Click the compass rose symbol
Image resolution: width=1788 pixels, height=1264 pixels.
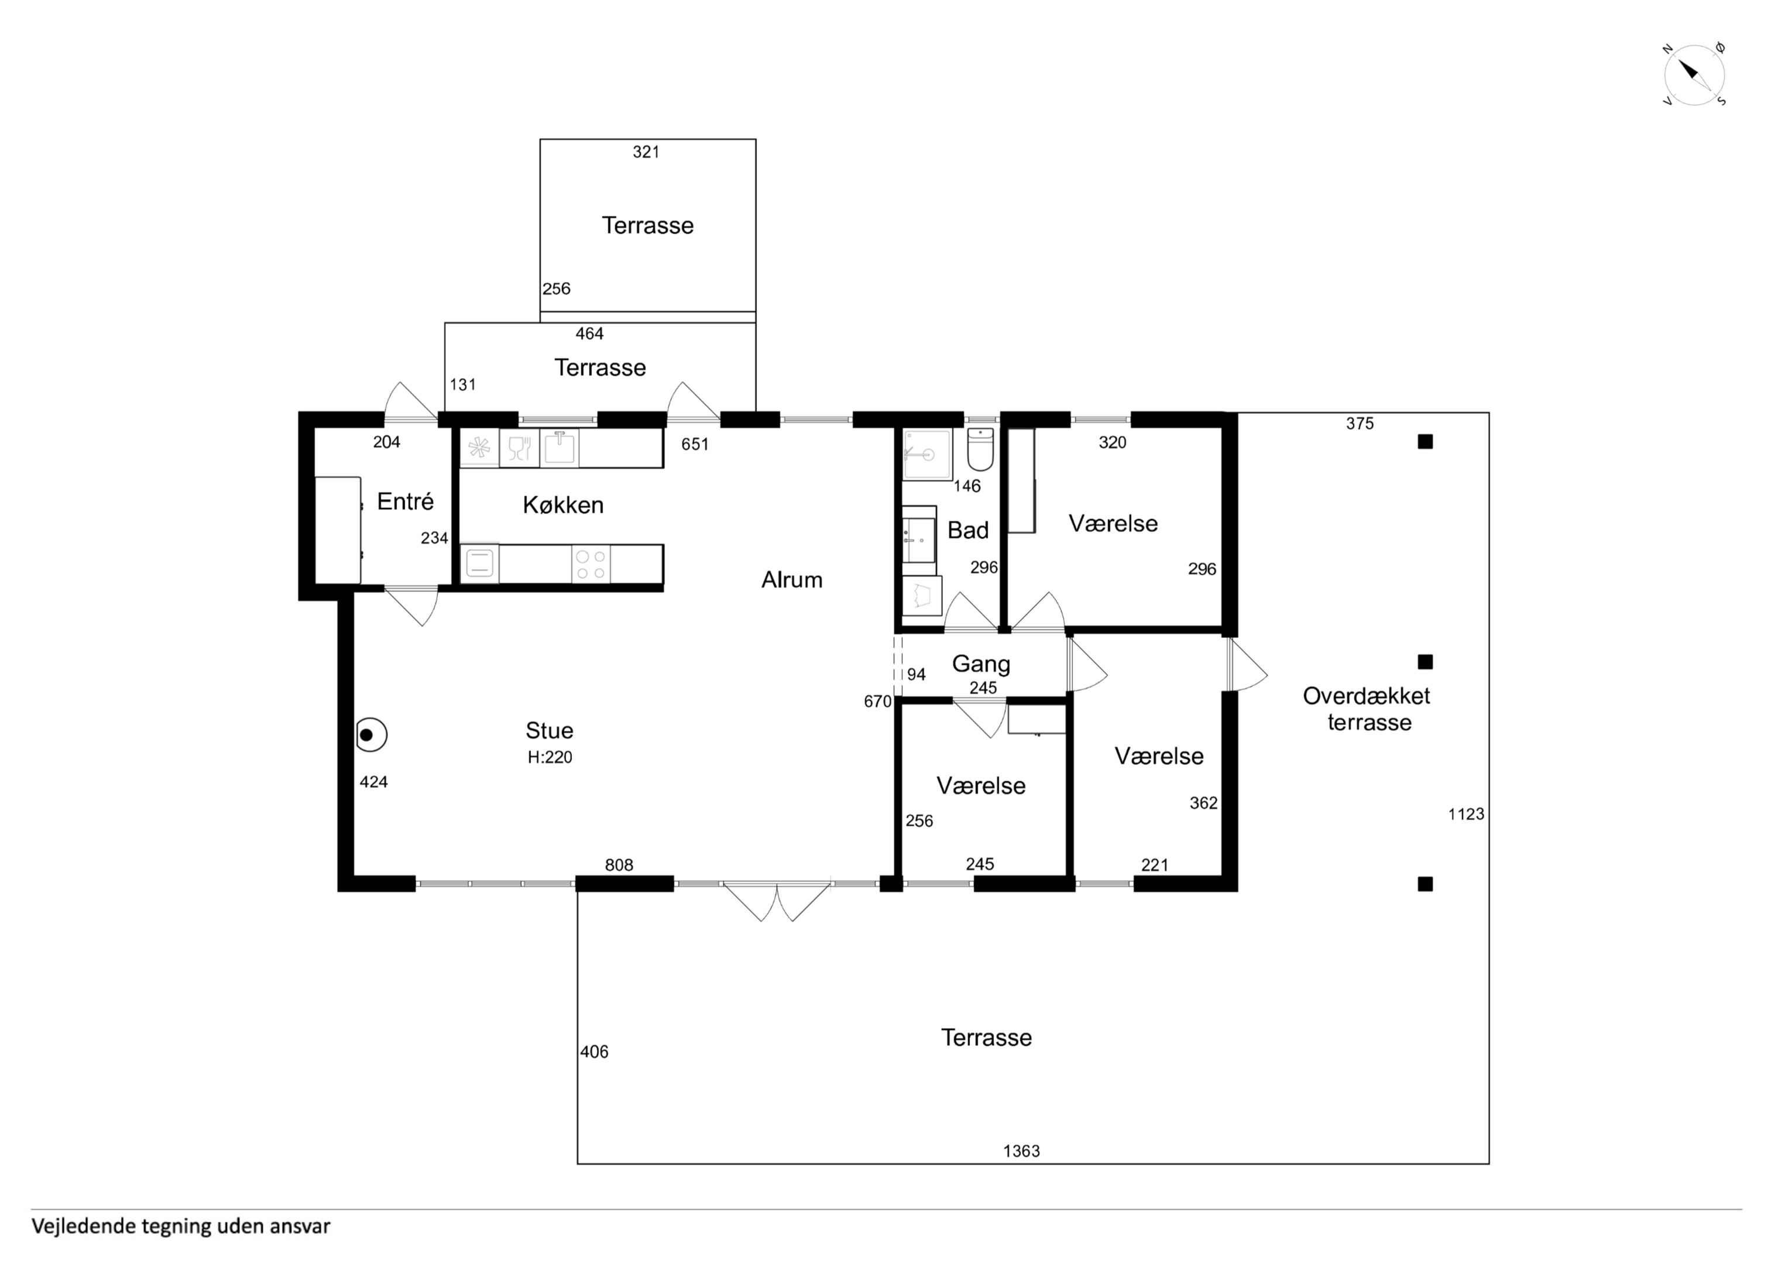(x=1694, y=75)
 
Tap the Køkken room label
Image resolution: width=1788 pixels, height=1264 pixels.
(x=563, y=504)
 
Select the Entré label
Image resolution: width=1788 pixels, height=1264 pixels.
(x=405, y=501)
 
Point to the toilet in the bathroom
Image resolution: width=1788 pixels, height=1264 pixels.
(x=980, y=449)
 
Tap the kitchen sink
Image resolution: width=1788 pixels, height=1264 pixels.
(x=559, y=447)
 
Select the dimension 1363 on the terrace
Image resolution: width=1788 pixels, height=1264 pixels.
(x=1021, y=1150)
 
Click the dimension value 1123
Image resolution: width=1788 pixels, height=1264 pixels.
(x=1466, y=814)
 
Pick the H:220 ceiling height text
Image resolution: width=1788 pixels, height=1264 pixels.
(x=550, y=757)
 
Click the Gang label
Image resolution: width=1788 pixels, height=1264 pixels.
(x=981, y=664)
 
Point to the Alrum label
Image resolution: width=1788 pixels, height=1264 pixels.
(x=792, y=579)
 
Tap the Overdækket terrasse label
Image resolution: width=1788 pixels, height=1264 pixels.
(x=1367, y=709)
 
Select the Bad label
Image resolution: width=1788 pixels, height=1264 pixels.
(x=968, y=530)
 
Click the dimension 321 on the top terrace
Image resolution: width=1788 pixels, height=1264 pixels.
(x=646, y=152)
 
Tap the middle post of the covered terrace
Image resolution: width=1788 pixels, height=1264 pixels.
(x=1425, y=662)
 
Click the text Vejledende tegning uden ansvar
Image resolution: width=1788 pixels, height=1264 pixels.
(x=181, y=1227)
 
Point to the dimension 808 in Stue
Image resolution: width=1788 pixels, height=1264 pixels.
(x=619, y=864)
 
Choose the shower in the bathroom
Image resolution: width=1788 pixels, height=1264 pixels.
(x=928, y=454)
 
